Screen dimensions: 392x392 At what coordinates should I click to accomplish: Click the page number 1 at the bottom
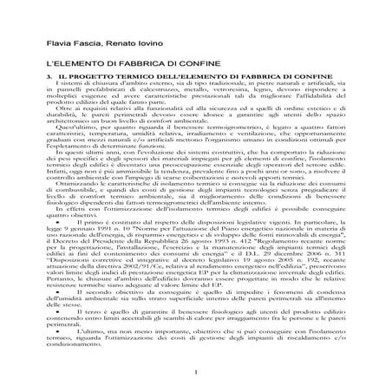tap(196, 375)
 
